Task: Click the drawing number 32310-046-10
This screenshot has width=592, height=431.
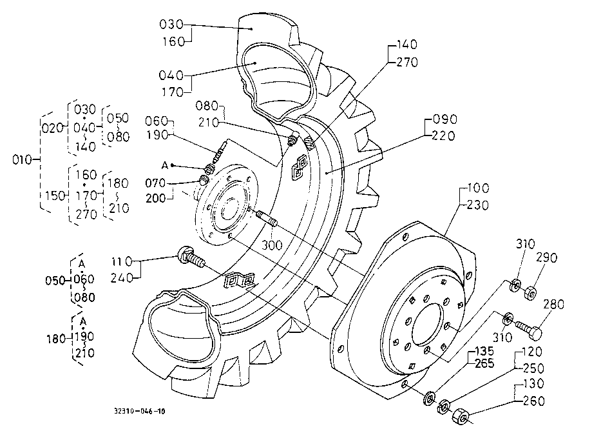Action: (x=139, y=411)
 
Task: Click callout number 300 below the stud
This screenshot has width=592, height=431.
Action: (x=272, y=245)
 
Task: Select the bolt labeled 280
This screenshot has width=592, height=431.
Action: (x=529, y=329)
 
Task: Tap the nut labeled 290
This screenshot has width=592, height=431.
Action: (x=530, y=293)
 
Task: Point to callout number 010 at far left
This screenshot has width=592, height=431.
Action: (x=23, y=160)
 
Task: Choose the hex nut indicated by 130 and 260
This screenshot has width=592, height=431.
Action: (x=461, y=416)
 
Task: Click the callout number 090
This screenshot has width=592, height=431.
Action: (x=444, y=119)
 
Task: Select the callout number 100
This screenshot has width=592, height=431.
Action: (x=478, y=188)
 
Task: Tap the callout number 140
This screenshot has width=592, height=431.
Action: (x=406, y=45)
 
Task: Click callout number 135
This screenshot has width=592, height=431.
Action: (x=484, y=351)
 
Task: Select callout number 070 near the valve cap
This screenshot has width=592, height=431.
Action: (x=155, y=183)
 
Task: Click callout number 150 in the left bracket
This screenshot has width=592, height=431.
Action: (x=55, y=196)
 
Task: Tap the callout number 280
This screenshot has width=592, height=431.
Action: (x=554, y=305)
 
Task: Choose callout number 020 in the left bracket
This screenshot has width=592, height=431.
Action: (x=52, y=128)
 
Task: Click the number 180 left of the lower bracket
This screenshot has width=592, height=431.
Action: (x=56, y=339)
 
